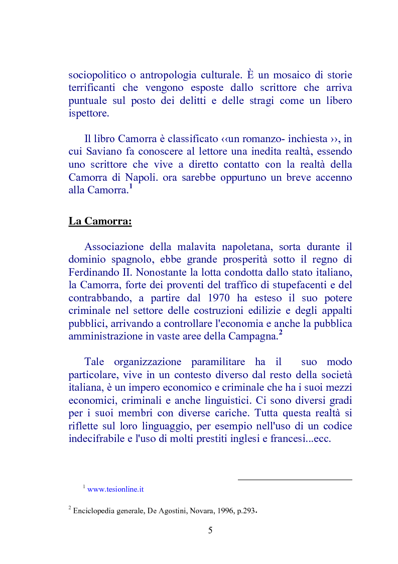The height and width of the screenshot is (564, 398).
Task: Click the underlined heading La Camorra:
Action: [x=100, y=221]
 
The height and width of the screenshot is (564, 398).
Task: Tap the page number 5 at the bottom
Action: [x=210, y=530]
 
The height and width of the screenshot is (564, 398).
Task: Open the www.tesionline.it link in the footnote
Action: [x=115, y=489]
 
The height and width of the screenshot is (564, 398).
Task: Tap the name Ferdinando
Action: [x=92, y=272]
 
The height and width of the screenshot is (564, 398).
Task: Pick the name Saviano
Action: [x=105, y=151]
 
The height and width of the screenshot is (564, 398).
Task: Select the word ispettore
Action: [x=88, y=114]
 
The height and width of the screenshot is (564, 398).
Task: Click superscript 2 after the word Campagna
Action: [x=281, y=333]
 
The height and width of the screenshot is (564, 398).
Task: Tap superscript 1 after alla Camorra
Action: [x=130, y=187]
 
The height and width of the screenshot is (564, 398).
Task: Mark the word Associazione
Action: [x=117, y=247]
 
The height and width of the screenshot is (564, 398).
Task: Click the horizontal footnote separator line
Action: [x=295, y=479]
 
